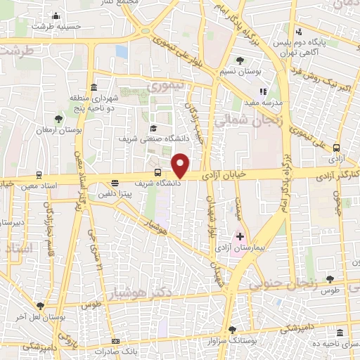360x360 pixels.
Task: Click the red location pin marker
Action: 181,164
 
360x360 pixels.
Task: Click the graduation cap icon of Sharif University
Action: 153,128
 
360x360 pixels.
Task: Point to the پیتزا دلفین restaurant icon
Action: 116,183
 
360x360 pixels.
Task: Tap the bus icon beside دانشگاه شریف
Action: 157,172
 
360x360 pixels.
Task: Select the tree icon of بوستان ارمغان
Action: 58,119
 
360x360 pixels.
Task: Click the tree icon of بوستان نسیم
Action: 240,60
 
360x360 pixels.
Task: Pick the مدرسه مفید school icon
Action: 264,91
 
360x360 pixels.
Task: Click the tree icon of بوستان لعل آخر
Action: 39,306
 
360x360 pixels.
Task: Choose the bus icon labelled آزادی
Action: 337,148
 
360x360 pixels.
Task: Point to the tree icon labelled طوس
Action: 330,279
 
